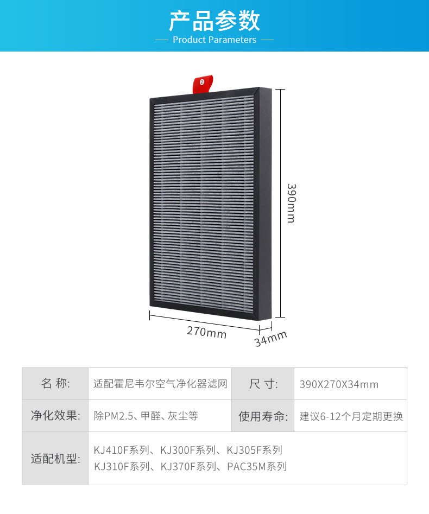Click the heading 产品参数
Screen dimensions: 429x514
214,20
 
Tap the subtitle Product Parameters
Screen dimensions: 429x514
214,40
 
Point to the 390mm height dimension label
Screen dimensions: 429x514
291,203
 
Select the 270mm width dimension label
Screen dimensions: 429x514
206,332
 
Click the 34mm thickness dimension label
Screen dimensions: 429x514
270,339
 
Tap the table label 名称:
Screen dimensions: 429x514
55,384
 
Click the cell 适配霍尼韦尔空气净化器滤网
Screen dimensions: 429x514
160,384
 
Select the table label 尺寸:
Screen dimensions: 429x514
263,384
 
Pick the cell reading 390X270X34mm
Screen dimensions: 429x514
339,384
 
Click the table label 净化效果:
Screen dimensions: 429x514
55,416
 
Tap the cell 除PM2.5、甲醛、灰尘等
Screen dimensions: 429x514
146,416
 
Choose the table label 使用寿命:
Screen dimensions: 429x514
263,416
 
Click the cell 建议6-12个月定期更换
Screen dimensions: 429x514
351,416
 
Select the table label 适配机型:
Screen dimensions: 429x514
55,458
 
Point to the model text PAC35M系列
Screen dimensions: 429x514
257,466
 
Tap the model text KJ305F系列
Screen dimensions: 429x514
254,450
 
